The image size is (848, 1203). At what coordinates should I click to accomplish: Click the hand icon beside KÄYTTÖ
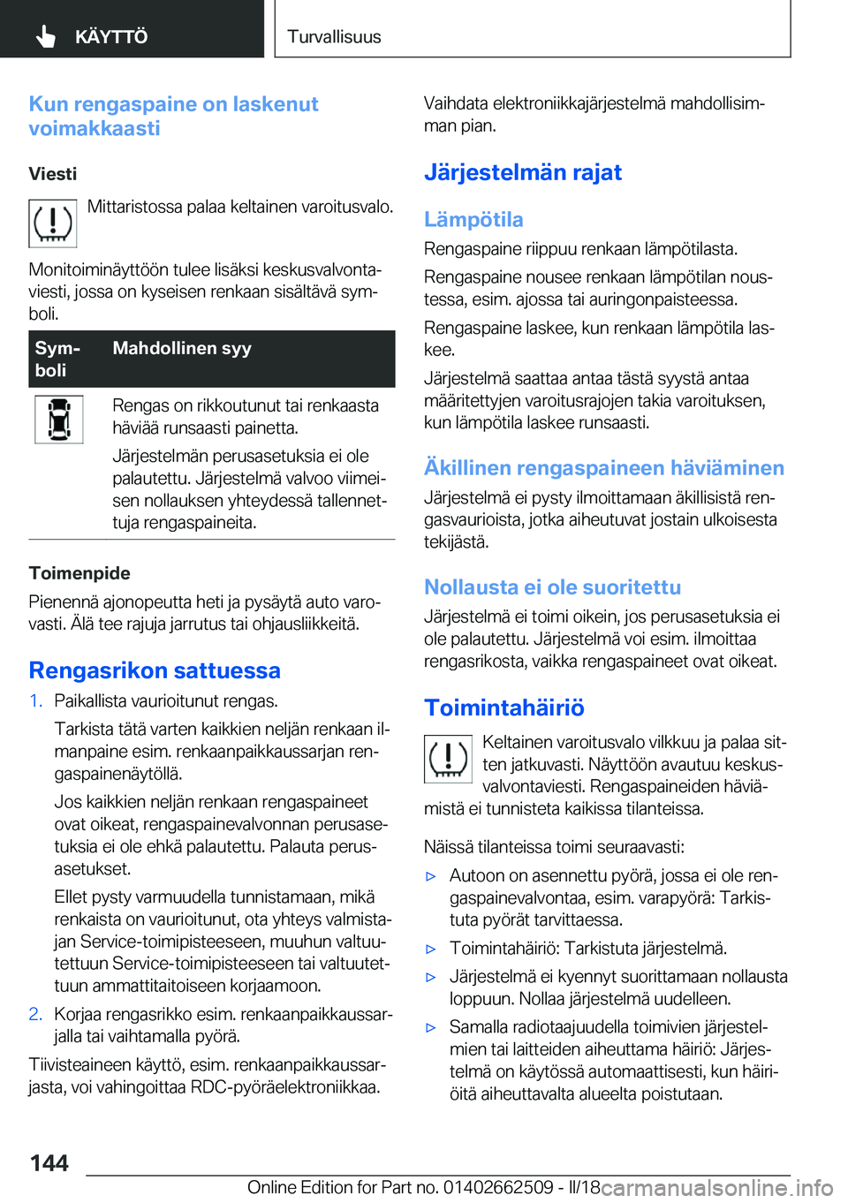(46, 36)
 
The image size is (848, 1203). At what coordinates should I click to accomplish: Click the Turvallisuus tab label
(334, 37)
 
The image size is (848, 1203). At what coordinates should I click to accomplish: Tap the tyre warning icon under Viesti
(53, 223)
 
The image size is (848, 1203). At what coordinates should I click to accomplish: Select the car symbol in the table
(59, 420)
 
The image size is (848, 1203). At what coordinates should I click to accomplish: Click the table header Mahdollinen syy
(182, 348)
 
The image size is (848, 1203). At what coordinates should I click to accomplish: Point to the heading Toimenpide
(79, 573)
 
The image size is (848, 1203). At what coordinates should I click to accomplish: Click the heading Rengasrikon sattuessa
(155, 670)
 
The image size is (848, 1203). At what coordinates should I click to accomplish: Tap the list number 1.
(35, 701)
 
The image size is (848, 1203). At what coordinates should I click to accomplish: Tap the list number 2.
(35, 1014)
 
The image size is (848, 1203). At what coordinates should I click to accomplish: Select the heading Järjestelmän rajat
(523, 172)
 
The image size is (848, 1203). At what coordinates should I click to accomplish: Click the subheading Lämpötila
(473, 219)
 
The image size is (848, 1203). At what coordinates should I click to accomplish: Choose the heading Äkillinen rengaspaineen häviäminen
(604, 468)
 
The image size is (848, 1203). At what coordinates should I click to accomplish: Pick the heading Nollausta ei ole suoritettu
(552, 587)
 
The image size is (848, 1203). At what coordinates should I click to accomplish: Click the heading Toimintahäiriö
(504, 707)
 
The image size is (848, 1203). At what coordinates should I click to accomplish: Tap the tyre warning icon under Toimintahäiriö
(449, 759)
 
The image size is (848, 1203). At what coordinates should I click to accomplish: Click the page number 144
(49, 1163)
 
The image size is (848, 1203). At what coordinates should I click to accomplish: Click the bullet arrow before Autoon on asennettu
(431, 877)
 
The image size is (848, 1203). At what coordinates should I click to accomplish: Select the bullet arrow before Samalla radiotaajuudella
(431, 1028)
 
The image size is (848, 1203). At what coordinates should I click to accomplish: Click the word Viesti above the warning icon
(53, 174)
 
